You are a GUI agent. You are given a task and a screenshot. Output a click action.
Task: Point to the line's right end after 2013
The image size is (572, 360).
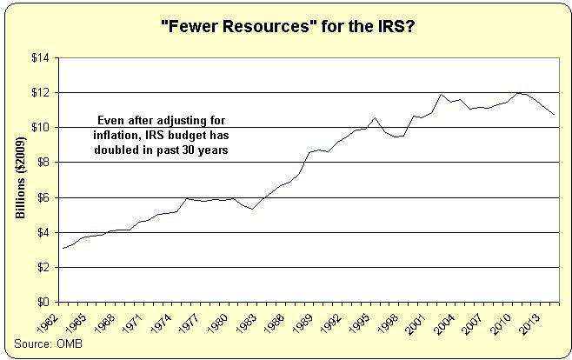click(554, 115)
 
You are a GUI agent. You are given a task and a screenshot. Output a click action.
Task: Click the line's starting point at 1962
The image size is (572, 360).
click(63, 248)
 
